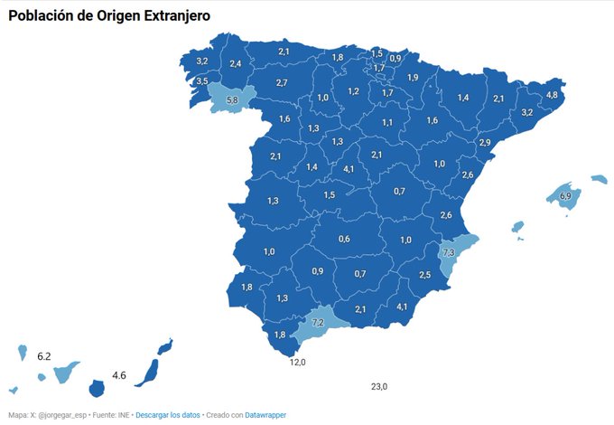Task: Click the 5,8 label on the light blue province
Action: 232,99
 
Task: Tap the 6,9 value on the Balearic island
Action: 565,196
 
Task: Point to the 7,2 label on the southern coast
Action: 318,322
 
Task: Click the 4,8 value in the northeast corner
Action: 552,95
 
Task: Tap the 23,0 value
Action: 379,386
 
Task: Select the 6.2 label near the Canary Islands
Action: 44,356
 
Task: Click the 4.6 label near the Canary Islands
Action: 118,374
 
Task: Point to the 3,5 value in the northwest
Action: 201,81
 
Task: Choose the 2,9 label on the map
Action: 485,143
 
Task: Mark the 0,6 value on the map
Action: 344,239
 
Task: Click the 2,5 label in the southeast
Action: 424,275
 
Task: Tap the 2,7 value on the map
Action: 282,83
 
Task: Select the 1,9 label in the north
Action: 413,78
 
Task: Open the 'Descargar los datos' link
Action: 166,414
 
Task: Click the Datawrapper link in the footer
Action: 265,414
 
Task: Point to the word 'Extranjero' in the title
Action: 163,16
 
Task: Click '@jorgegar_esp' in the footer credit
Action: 57,414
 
